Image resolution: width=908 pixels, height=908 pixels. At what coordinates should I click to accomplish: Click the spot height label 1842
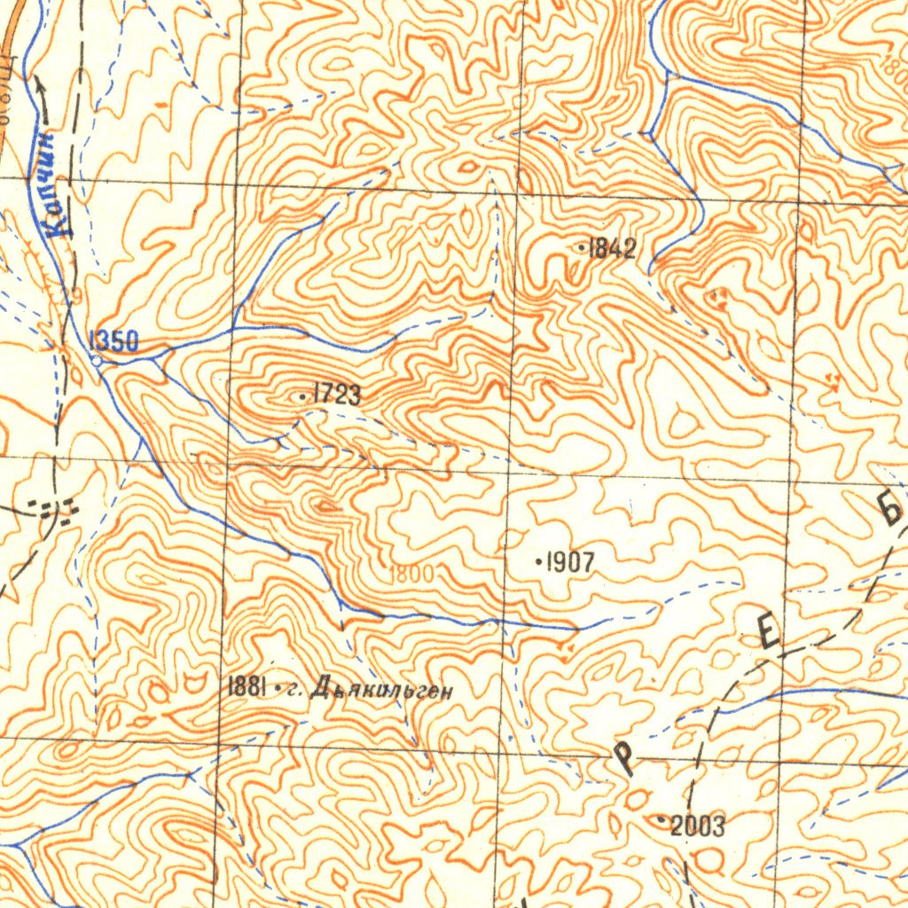click(613, 249)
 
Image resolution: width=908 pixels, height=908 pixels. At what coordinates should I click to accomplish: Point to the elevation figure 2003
click(698, 826)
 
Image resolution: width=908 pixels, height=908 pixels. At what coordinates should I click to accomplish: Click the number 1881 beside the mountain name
click(248, 686)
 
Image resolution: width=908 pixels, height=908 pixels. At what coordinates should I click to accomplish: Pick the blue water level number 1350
click(113, 340)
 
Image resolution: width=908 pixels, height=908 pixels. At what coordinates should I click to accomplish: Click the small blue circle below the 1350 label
click(96, 360)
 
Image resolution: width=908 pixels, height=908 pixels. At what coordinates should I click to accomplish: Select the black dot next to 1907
click(539, 561)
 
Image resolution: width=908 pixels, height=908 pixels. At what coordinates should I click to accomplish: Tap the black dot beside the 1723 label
click(303, 395)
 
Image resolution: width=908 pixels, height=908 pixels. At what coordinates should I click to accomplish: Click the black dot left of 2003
click(662, 821)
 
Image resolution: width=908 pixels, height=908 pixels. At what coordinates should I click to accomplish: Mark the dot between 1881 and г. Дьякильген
click(278, 688)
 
